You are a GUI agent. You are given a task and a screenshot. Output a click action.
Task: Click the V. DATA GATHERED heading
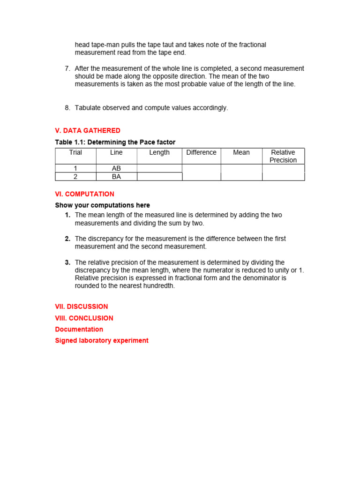pos(88,130)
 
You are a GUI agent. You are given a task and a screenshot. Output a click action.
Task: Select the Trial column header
pos(75,152)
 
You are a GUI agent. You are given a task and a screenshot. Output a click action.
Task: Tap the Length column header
pos(159,152)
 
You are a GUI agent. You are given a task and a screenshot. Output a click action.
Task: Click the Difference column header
pos(201,152)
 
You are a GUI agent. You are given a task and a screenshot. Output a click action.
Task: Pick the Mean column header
pos(241,152)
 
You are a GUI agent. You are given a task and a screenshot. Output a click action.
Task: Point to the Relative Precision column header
pos(283,156)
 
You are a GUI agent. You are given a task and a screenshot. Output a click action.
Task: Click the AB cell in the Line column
pos(116,168)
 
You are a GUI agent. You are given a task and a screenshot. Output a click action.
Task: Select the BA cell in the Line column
pos(116,177)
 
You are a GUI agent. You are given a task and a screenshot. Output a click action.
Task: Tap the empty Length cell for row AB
pos(159,168)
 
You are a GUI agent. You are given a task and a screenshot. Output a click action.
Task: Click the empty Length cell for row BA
pos(159,177)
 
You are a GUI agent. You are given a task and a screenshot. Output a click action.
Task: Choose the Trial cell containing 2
pos(75,177)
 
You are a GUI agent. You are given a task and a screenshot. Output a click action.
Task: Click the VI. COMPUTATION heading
pos(84,194)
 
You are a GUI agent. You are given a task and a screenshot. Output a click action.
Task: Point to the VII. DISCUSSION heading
pos(82,307)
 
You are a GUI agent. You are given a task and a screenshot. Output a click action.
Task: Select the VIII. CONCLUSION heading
pos(84,318)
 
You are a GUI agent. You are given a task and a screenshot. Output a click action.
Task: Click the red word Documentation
pos(79,330)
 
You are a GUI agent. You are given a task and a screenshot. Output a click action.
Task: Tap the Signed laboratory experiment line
pos(102,341)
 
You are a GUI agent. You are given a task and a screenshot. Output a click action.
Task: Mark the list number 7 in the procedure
pos(67,68)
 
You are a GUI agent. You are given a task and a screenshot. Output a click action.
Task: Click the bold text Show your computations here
pos(103,205)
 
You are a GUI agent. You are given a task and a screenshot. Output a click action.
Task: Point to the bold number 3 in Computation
pos(67,262)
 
